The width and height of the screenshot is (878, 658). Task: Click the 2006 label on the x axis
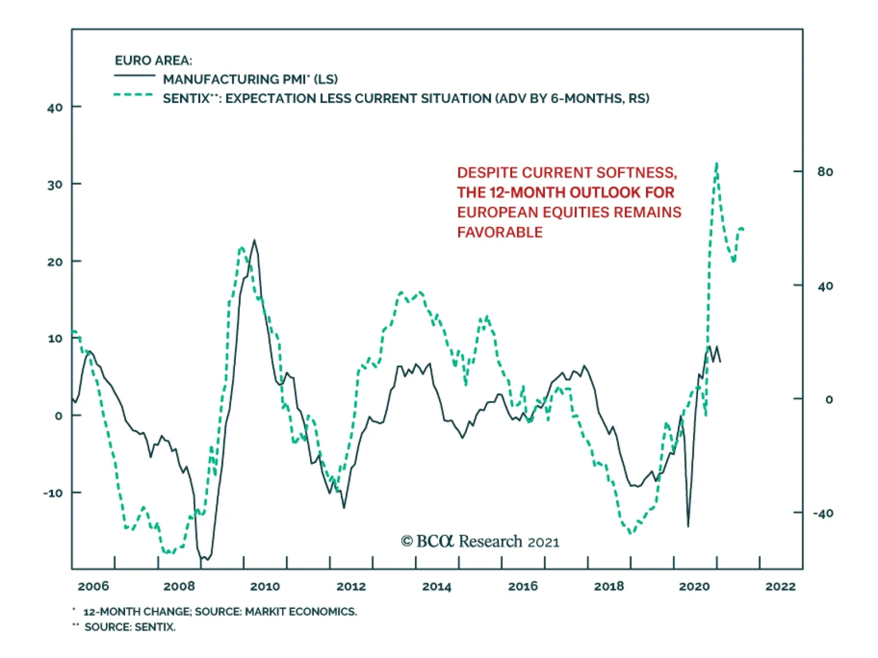(x=93, y=586)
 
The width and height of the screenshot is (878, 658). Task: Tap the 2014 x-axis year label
(x=437, y=586)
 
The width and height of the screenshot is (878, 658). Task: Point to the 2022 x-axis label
(x=780, y=586)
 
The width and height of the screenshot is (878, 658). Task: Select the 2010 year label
(x=265, y=586)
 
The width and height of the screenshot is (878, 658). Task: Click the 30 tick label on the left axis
(x=55, y=184)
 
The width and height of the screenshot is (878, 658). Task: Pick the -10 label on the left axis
(x=53, y=493)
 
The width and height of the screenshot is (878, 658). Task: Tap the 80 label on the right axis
(x=825, y=172)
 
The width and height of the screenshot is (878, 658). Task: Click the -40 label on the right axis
(x=823, y=513)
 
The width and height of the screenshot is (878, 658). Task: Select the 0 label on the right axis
(x=829, y=399)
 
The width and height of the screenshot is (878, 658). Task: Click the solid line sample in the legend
(x=134, y=76)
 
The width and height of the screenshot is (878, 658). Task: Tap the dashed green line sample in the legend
(x=133, y=95)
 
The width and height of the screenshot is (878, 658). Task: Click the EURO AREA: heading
(x=153, y=60)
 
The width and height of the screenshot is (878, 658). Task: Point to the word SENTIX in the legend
(x=186, y=99)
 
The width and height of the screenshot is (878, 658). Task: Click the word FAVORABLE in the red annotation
(x=500, y=232)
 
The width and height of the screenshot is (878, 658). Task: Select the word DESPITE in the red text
(x=487, y=173)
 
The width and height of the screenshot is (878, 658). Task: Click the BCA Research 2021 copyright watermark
(x=480, y=542)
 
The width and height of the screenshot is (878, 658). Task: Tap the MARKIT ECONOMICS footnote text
(x=301, y=611)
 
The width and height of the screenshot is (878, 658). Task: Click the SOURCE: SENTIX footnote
(x=130, y=627)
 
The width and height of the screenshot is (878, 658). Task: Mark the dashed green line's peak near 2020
(x=717, y=163)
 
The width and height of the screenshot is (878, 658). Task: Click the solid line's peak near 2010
(x=254, y=240)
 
